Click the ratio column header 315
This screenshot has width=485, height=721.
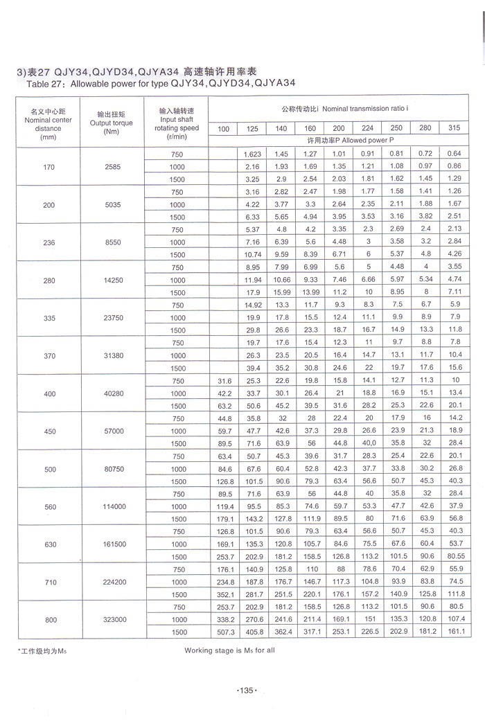(x=455, y=129)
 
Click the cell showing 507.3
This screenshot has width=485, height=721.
(x=224, y=632)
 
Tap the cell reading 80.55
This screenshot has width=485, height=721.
(x=455, y=555)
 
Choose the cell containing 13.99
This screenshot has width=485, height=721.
(x=310, y=292)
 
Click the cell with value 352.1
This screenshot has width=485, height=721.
(x=224, y=594)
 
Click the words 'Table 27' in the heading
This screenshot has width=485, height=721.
(x=28, y=84)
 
